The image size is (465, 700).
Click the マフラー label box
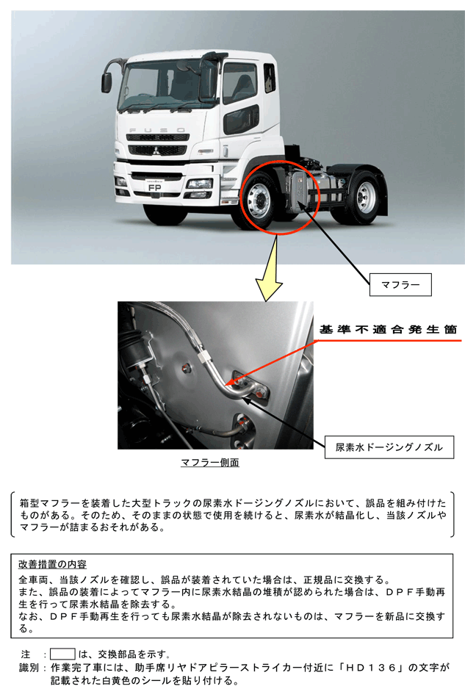tap(400, 284)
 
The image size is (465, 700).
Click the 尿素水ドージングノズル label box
tap(389, 447)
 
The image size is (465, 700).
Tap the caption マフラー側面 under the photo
tap(209, 462)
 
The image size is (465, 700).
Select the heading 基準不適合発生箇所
tap(388, 330)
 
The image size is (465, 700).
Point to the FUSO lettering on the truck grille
tap(156, 130)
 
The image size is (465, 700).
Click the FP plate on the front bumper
tap(154, 188)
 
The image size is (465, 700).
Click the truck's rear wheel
tap(365, 195)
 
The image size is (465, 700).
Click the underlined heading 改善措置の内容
tap(52, 564)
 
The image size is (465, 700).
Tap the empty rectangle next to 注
tap(62, 654)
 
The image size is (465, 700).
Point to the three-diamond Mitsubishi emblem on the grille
tap(156, 150)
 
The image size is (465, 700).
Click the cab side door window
tap(240, 83)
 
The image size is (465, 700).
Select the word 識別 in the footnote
tap(29, 668)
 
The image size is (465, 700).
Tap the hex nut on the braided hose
tap(203, 356)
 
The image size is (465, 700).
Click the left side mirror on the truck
tap(107, 82)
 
